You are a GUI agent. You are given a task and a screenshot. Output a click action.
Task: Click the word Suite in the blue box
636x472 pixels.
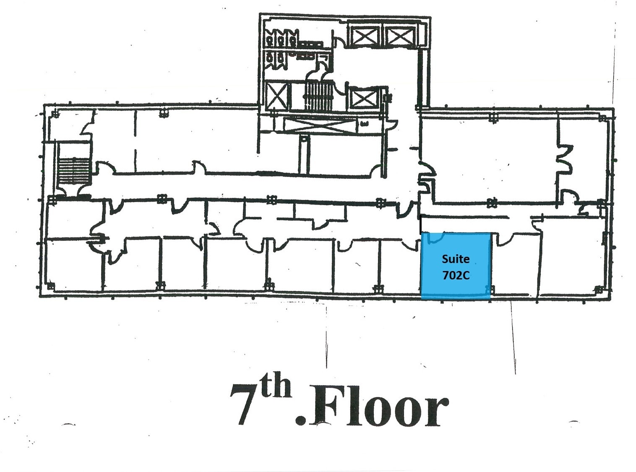point(456,259)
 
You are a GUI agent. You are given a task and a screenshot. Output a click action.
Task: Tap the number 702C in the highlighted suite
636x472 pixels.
point(456,275)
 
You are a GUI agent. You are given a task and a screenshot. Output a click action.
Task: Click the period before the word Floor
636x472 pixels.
point(300,420)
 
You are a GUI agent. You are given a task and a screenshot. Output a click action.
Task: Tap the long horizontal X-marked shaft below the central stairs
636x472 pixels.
point(321,125)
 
